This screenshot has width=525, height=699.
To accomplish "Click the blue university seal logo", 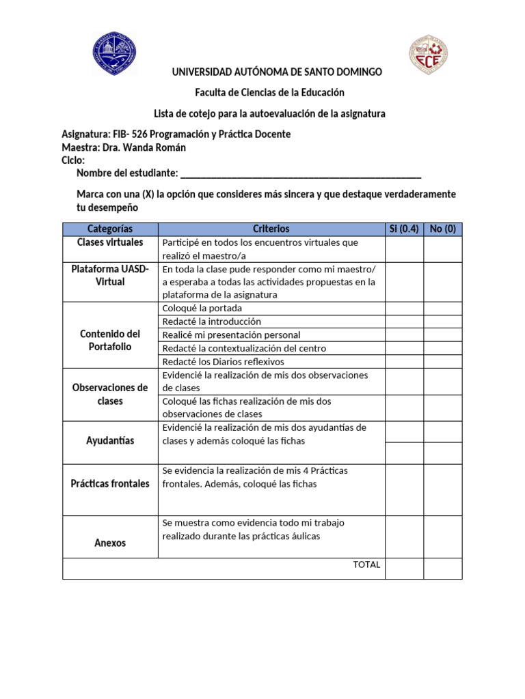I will click(x=114, y=54).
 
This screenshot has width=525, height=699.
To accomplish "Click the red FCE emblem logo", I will click(x=429, y=55).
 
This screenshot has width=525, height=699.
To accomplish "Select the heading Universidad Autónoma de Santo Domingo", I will click(x=277, y=72).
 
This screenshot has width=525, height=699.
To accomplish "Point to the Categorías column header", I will click(x=110, y=229).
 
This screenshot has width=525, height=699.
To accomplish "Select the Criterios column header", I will click(x=271, y=229).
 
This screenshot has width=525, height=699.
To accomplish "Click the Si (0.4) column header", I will click(x=404, y=229).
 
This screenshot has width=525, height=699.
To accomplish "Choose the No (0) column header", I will click(x=442, y=229).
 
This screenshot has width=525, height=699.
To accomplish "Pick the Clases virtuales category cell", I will click(x=110, y=242).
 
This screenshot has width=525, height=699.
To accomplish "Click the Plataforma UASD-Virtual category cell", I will click(x=110, y=275).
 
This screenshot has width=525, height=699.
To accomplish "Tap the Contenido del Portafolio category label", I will click(x=110, y=340).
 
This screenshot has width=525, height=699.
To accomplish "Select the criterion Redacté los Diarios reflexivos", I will click(x=223, y=362).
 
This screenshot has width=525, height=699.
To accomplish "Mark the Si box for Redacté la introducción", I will click(x=404, y=322).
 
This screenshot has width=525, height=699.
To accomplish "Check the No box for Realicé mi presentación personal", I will click(x=442, y=334).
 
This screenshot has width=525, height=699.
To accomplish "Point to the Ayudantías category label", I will click(x=110, y=441).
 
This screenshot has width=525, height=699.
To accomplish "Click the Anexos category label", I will click(x=110, y=543).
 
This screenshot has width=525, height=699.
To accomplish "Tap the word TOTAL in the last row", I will click(x=366, y=565).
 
